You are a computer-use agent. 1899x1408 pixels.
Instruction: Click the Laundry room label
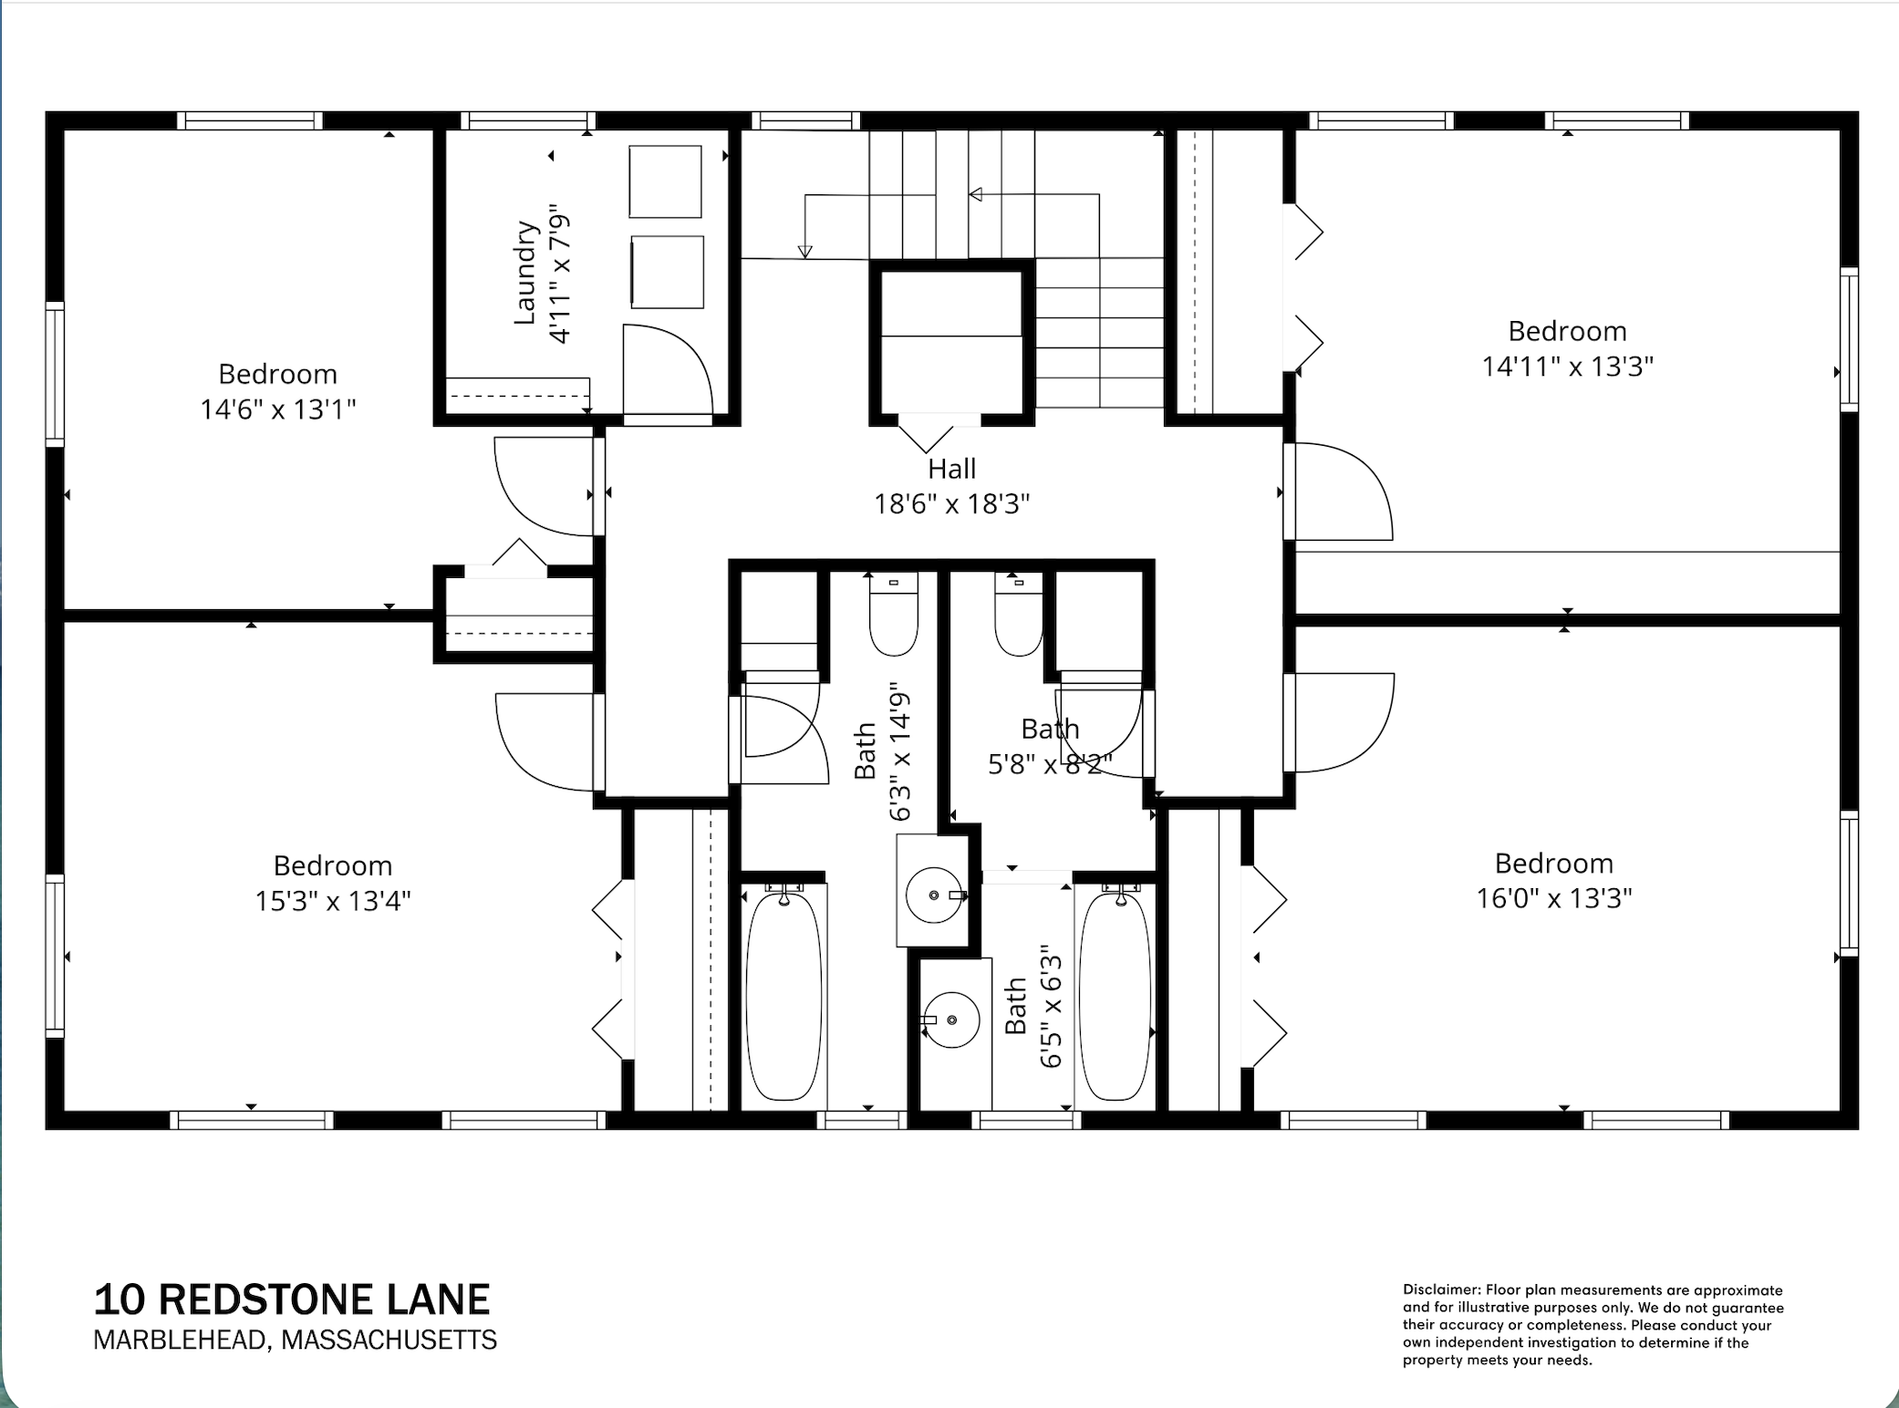coord(524,273)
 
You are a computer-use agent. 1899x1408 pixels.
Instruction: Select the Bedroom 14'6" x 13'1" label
coord(277,392)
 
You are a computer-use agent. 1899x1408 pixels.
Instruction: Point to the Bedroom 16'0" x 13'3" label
coord(1553,881)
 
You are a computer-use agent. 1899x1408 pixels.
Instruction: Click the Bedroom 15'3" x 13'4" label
coord(332,883)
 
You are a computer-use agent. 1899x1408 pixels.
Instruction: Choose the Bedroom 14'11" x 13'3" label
coord(1566,348)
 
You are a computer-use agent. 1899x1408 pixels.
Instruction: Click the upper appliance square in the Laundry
coord(665,181)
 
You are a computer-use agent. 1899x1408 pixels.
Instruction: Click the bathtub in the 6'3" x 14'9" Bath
coord(783,996)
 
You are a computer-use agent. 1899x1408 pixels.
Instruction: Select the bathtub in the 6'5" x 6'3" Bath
coord(1115,996)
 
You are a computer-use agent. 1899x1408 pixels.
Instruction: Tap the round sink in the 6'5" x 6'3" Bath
coord(951,1020)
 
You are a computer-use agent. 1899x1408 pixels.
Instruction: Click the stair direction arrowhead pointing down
coord(804,252)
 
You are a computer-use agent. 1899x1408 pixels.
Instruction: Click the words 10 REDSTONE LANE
coord(292,1299)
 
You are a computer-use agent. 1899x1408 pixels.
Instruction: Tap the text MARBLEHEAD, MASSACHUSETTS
coord(295,1340)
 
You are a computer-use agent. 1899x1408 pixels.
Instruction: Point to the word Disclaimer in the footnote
coord(1440,1290)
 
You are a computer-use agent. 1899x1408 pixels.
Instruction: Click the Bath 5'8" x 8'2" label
coord(1050,746)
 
